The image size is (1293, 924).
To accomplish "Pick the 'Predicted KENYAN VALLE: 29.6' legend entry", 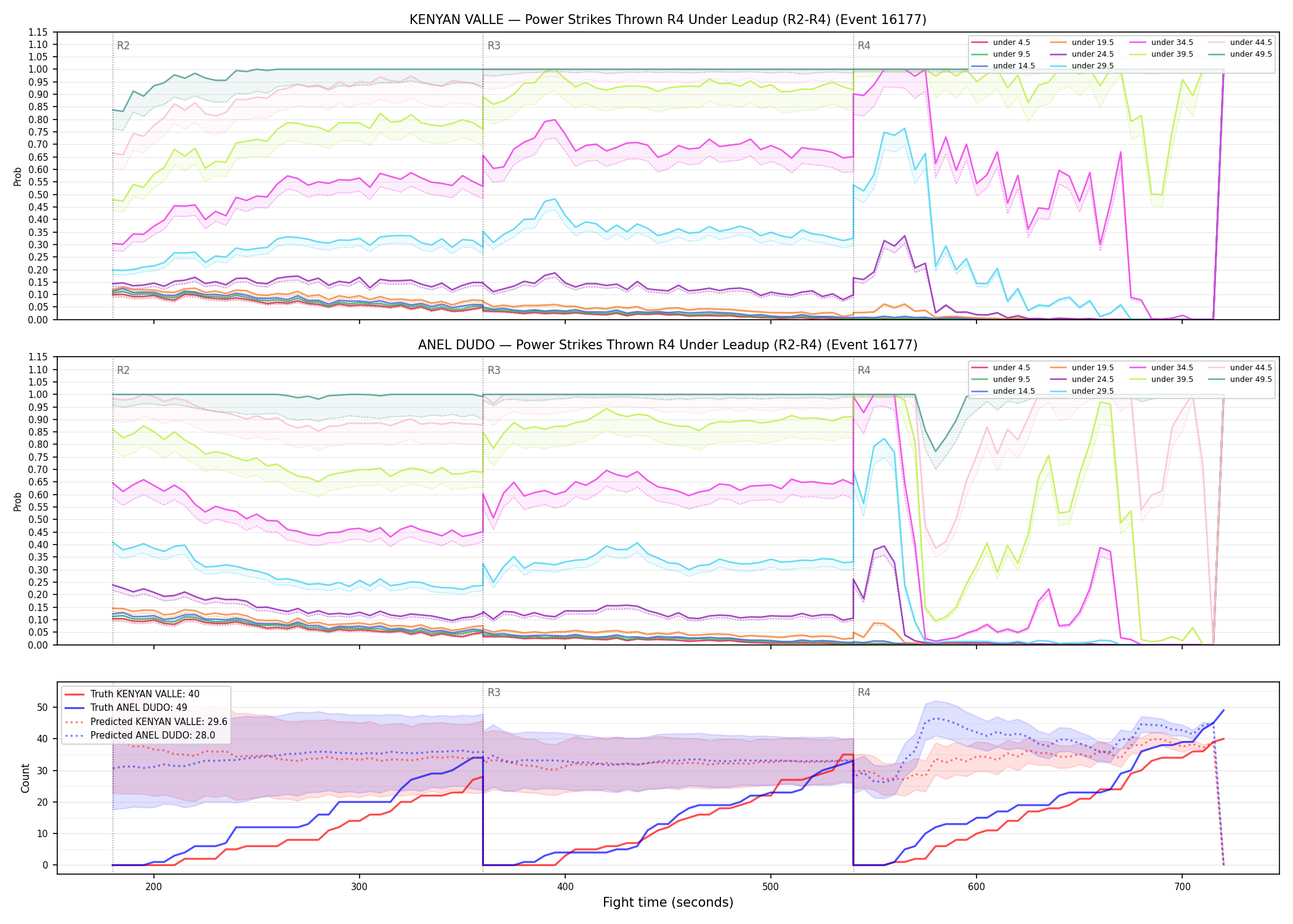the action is [146, 721].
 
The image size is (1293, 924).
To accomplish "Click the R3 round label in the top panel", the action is [494, 46].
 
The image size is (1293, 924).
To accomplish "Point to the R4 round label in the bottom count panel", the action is [864, 692].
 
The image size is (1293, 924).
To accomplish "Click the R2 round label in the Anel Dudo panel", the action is [123, 370].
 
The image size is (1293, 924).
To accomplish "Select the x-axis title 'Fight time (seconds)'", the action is [668, 902].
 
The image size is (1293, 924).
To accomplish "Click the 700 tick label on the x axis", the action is [1182, 886].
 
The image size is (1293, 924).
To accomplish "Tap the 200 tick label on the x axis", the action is [154, 886].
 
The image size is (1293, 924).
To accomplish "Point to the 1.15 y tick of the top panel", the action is [38, 32].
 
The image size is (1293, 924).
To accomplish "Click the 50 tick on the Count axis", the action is [42, 707].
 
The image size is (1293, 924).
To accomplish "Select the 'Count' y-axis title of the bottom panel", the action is [25, 778].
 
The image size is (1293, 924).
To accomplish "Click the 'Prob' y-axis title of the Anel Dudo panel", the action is [18, 501].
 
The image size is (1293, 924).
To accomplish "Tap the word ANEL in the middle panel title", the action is [435, 345].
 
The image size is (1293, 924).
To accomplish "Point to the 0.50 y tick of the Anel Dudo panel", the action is [38, 519].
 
